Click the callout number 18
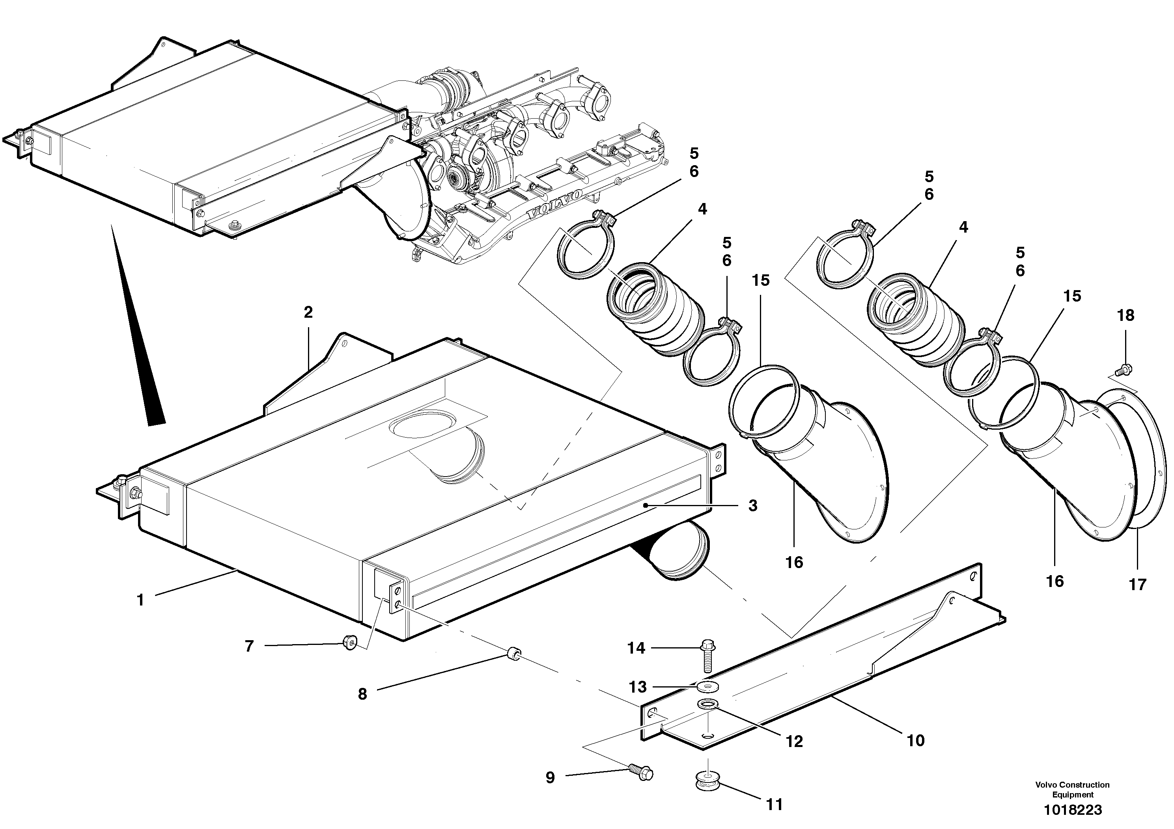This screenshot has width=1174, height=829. [1125, 315]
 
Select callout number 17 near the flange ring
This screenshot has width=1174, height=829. [1137, 584]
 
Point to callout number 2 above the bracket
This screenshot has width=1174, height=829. [308, 312]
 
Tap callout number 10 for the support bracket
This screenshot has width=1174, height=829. [915, 741]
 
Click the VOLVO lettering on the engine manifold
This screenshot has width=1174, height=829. [555, 205]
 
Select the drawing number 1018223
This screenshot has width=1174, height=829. [1072, 810]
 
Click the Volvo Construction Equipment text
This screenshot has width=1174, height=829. [1072, 789]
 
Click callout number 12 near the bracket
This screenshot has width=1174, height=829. [794, 741]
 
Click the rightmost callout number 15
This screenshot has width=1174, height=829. [1072, 296]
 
